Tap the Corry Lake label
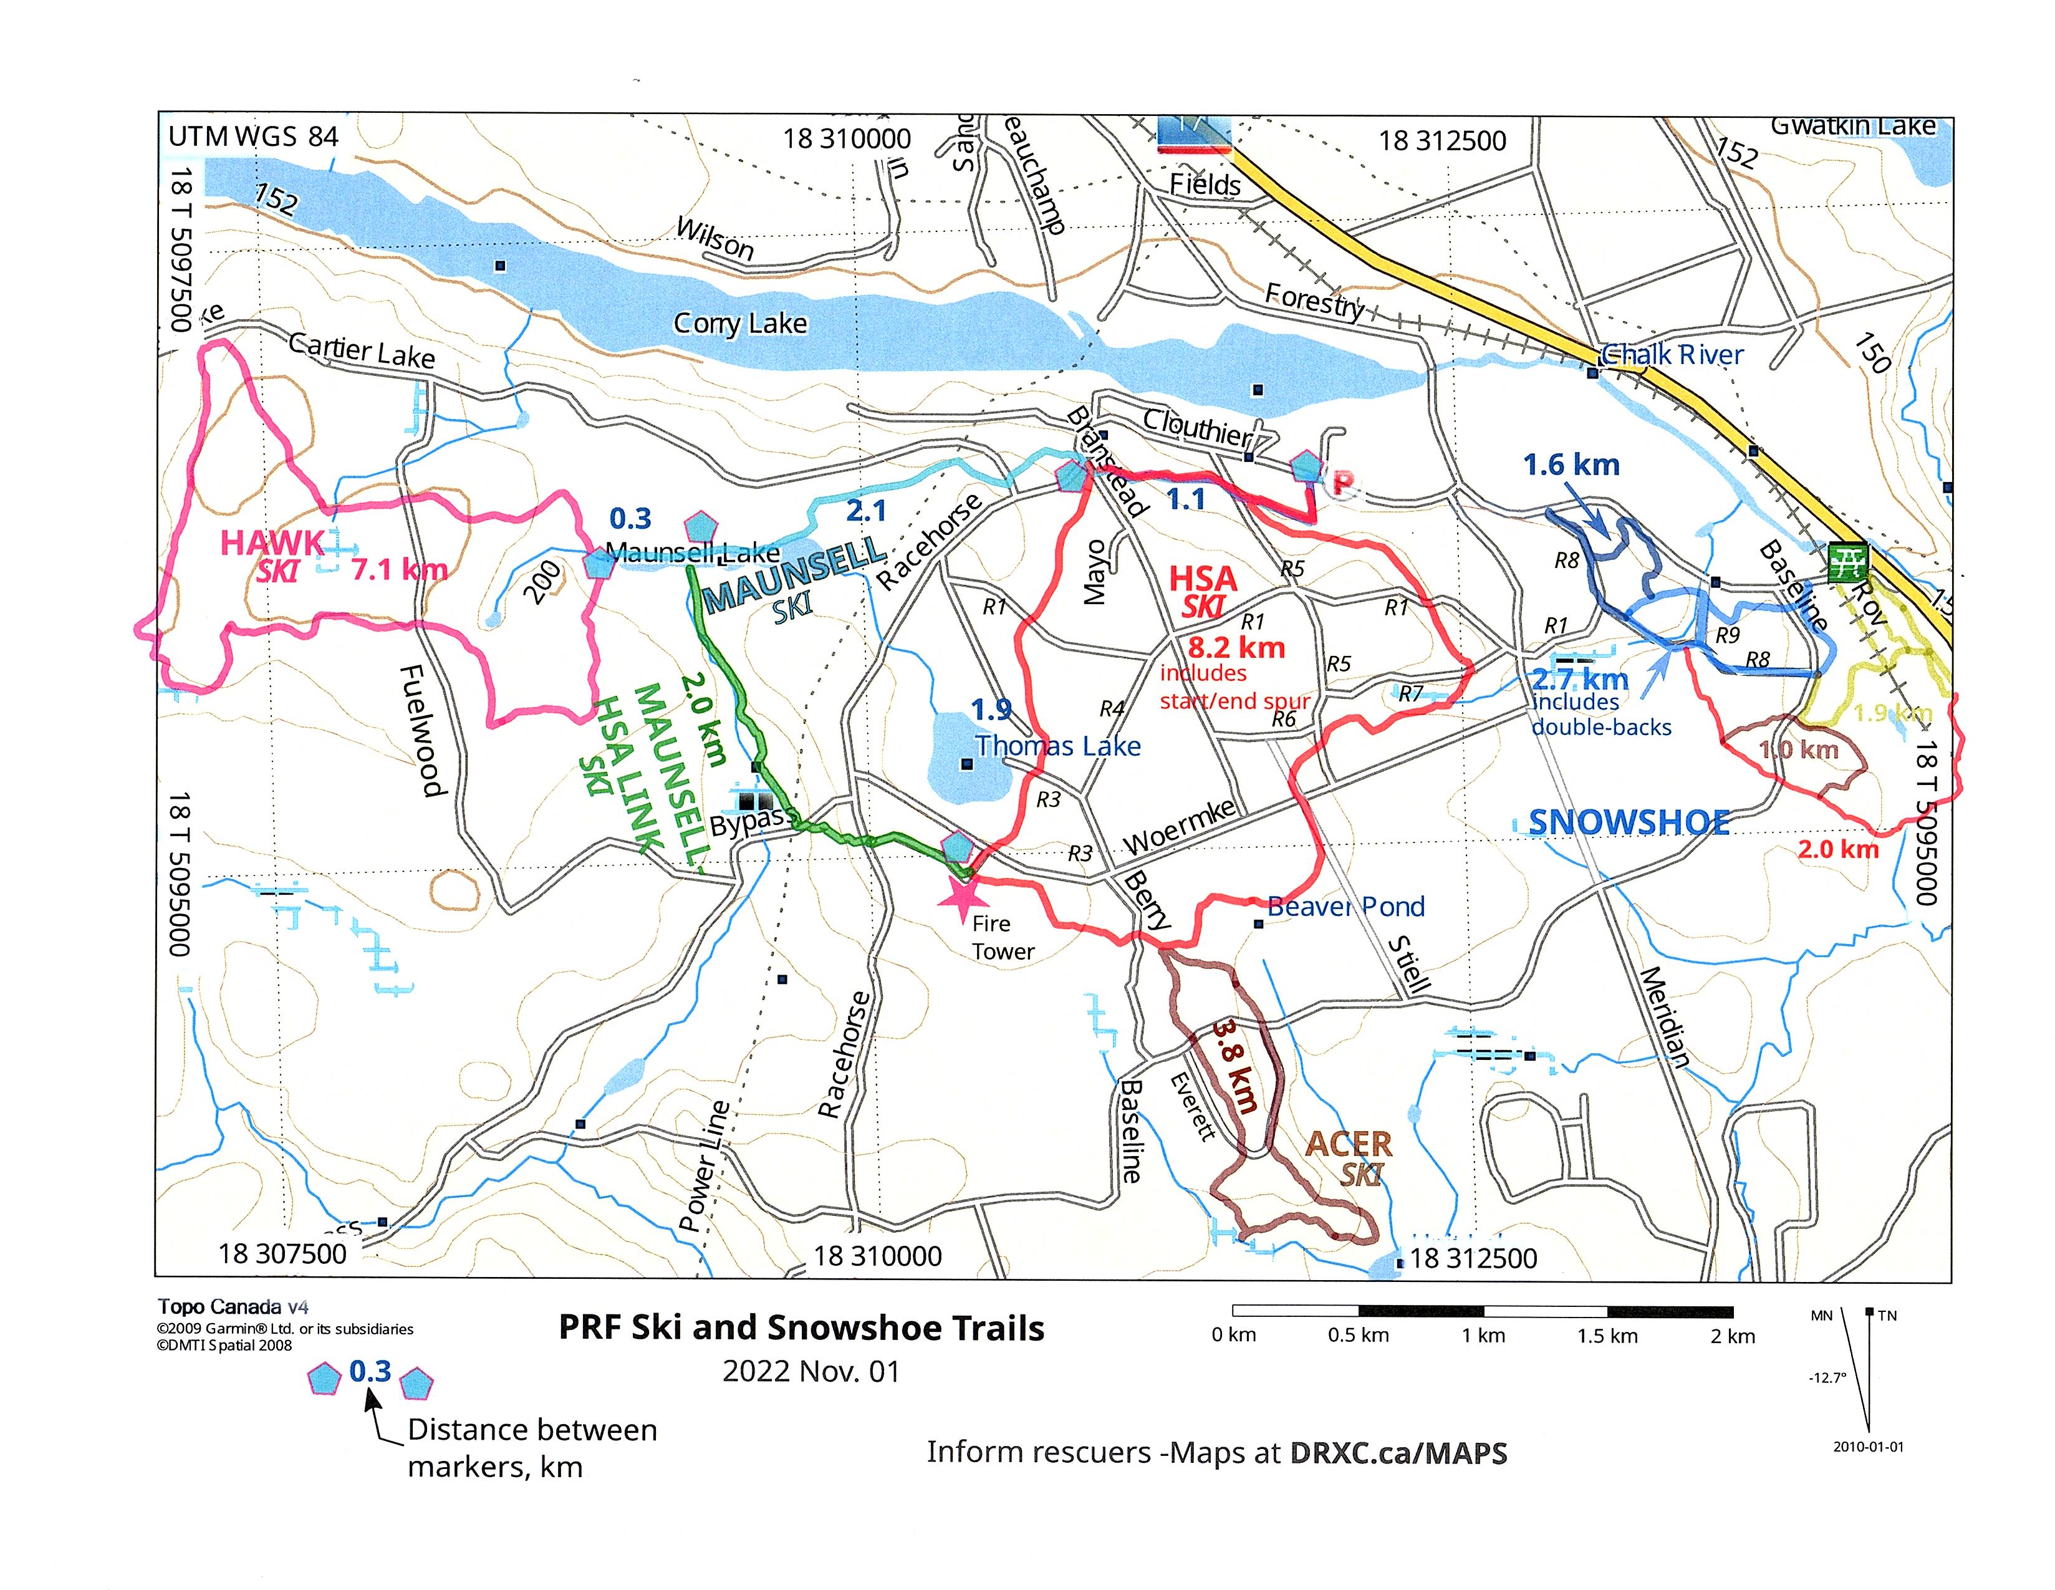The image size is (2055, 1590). tap(739, 324)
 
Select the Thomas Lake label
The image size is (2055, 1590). tap(1057, 746)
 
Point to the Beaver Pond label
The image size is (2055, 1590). tap(1345, 907)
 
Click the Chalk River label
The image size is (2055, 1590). tap(1672, 355)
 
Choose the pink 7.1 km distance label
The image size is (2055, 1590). tap(399, 569)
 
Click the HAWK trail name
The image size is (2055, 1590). tap(272, 543)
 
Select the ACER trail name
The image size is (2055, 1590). tap(1349, 1144)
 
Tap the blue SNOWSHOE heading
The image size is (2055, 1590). tap(1629, 823)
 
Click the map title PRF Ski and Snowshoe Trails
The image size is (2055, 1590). tap(802, 1327)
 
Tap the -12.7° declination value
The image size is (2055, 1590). tap(1827, 1377)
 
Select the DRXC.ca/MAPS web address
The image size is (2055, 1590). tap(1398, 1453)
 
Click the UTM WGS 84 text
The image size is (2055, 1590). tap(253, 137)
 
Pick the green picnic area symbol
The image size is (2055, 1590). tap(1847, 562)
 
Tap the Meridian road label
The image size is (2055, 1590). tap(1665, 1017)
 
